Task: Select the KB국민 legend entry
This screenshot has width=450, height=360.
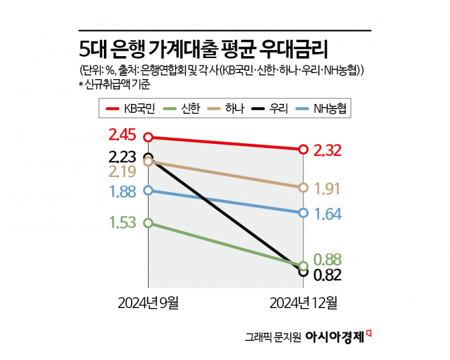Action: [x=131, y=108]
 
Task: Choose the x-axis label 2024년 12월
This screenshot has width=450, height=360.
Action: [x=303, y=301]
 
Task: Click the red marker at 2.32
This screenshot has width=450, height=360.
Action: [x=303, y=149]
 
